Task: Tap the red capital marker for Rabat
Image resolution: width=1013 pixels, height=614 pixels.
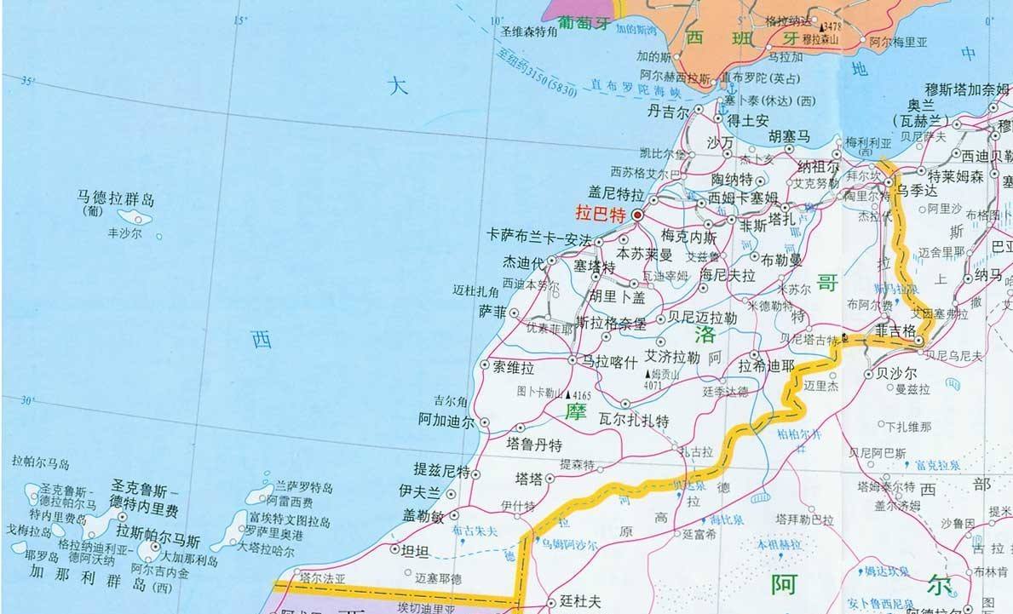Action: click(637, 215)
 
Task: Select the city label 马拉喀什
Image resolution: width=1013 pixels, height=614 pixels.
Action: click(609, 362)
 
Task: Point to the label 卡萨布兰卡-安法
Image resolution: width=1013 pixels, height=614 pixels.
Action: click(538, 237)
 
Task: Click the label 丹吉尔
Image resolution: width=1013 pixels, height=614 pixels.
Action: click(667, 112)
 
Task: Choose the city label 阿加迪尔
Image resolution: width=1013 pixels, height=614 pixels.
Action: click(446, 421)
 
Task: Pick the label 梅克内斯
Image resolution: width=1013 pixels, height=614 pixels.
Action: click(689, 236)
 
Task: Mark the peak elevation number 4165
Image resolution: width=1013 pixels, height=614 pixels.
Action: click(581, 395)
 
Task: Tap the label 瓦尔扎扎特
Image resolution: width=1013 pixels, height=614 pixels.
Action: click(634, 421)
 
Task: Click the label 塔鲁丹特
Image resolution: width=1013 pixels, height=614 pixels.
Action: click(534, 444)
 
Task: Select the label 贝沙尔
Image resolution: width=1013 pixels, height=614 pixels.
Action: click(896, 373)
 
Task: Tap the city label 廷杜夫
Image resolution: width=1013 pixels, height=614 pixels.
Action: click(581, 601)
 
